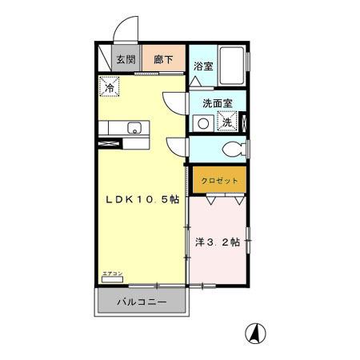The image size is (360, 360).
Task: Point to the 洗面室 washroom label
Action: point(216,103)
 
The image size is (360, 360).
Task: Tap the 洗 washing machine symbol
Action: point(227,123)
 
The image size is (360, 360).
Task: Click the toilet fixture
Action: point(234,150)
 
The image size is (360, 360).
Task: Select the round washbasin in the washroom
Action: point(204,123)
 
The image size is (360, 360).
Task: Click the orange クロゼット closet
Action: point(218,180)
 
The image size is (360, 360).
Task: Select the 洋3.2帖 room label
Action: point(218,242)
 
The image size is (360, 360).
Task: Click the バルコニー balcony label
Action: point(142,303)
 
